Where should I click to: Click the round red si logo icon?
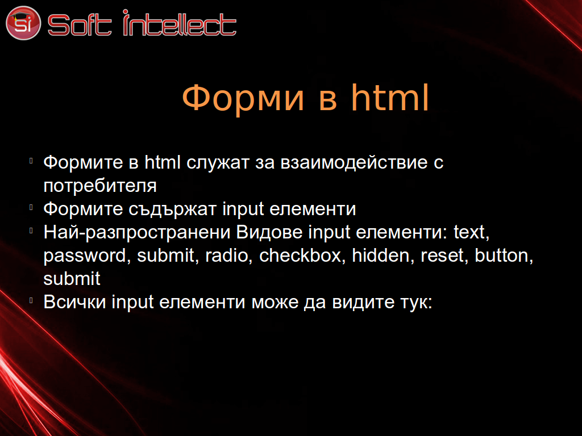pos(23,23)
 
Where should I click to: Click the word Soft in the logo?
pos(79,24)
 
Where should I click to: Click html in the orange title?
pos(390,97)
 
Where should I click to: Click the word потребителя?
pos(100,186)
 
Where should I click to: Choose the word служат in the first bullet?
pos(218,163)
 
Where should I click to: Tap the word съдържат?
pos(172,209)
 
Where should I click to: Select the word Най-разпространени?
pos(137,232)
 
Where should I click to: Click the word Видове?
pos(269,232)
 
